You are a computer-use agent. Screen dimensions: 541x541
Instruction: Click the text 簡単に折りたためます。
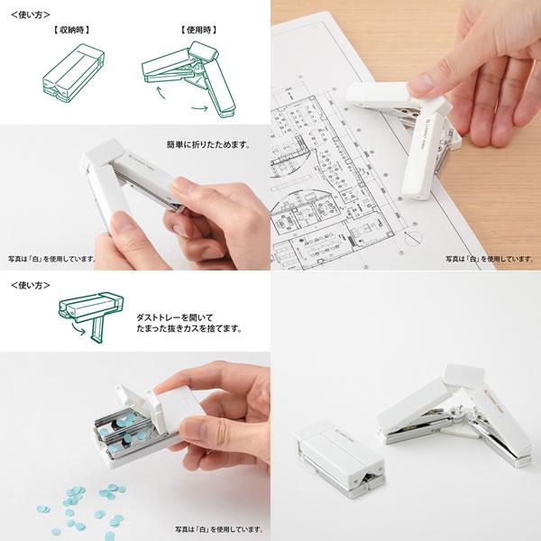click(x=208, y=144)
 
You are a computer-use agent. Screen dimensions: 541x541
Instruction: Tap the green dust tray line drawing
click(x=90, y=312)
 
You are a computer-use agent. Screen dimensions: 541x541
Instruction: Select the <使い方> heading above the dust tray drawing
click(x=28, y=284)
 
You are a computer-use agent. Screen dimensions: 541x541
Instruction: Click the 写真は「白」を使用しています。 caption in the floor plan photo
click(x=491, y=259)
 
